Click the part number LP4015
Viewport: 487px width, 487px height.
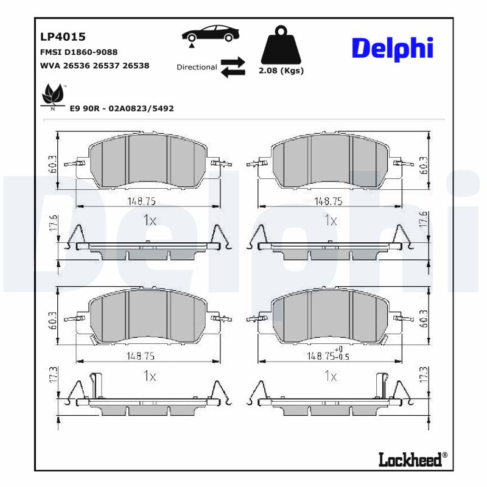tap(63, 37)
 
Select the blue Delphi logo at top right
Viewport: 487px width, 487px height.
tap(392, 48)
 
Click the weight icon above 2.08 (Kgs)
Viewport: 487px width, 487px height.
tap(281, 46)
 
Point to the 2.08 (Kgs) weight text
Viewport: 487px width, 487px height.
tap(281, 71)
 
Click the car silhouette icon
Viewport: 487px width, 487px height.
tap(210, 34)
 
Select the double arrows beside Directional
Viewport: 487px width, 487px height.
tap(233, 67)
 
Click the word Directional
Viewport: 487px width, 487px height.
tap(197, 67)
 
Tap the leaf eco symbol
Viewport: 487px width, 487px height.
tap(53, 96)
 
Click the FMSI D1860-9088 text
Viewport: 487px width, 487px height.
tap(79, 52)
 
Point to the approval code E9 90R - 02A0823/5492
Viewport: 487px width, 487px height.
tap(122, 108)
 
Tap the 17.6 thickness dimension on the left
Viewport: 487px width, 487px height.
tap(53, 223)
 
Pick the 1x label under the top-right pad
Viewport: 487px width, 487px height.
tap(330, 220)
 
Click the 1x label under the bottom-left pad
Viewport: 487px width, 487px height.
tap(149, 376)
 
